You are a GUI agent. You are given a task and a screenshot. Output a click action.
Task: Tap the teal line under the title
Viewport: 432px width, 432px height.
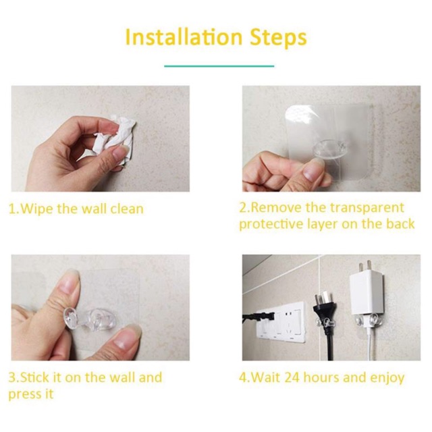(219, 66)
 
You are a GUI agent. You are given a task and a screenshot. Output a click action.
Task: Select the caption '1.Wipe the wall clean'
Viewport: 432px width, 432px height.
(76, 209)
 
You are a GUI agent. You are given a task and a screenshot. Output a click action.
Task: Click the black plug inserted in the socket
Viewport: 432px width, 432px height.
(255, 317)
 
